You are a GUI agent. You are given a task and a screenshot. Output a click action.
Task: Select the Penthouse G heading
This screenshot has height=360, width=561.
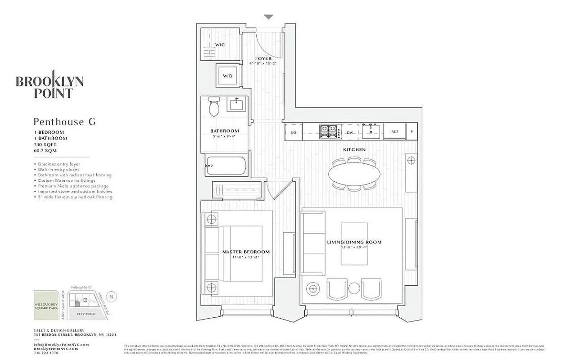click(65, 121)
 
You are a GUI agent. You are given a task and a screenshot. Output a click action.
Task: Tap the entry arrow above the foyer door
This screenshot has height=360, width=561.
click(268, 17)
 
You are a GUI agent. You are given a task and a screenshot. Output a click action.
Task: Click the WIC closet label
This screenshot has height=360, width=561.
click(220, 45)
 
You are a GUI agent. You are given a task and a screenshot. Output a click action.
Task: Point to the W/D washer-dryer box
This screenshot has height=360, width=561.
click(228, 76)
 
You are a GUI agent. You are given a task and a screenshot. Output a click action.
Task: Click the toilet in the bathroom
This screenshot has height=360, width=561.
click(213, 108)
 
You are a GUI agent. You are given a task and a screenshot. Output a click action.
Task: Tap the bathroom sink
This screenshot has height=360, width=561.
click(236, 105)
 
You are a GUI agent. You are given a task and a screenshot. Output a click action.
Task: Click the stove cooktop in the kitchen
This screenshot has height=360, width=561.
click(329, 132)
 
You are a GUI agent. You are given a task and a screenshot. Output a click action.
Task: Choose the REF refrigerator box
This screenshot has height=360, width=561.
click(394, 132)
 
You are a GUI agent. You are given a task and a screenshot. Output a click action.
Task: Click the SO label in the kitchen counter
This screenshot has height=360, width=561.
click(293, 132)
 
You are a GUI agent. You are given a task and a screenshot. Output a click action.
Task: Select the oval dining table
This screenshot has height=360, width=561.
click(353, 173)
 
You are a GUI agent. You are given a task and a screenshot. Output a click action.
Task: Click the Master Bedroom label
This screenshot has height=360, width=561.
click(246, 252)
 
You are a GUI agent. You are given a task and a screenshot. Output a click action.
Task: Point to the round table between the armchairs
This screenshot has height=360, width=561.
click(354, 288)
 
